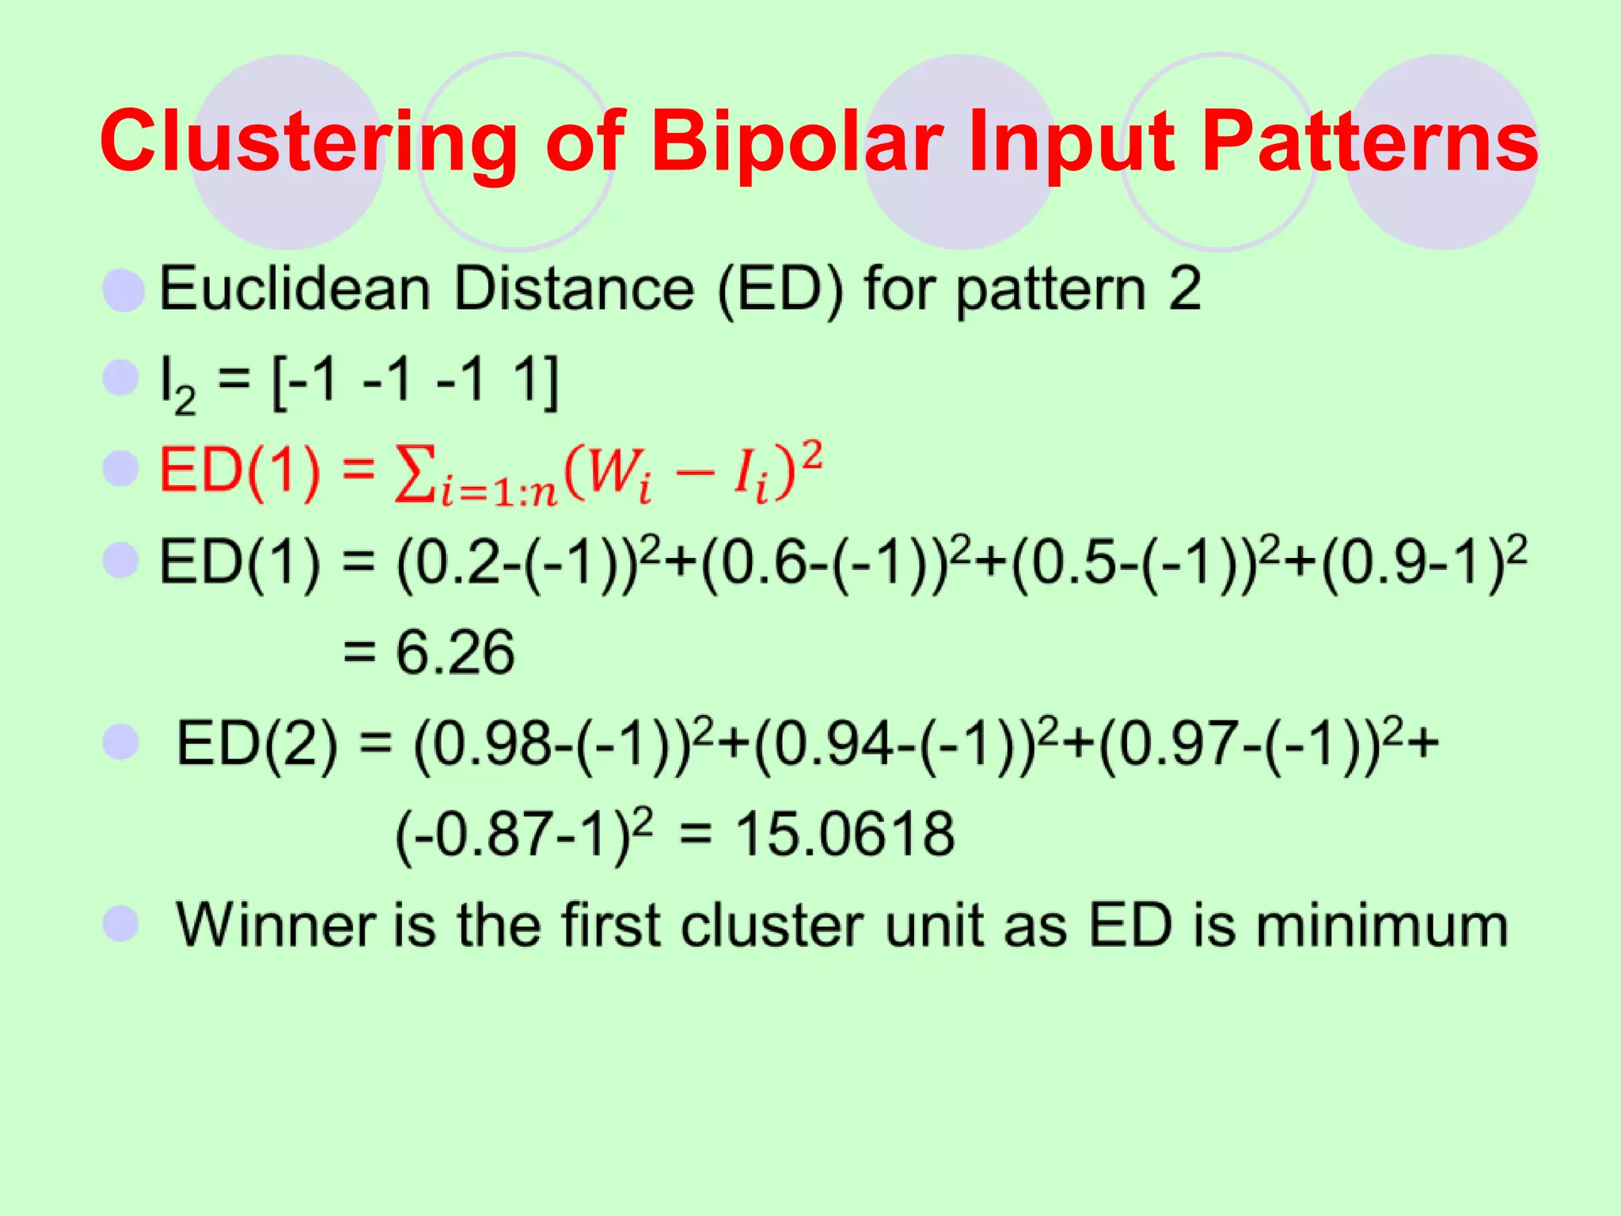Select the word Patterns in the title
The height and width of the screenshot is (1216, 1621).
(x=1369, y=142)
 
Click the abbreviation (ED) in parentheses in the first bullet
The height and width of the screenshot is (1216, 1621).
(x=780, y=290)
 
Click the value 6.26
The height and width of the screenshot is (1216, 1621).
(x=455, y=653)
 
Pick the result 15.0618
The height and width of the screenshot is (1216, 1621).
(x=845, y=834)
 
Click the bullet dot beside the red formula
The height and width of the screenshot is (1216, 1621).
(x=121, y=469)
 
